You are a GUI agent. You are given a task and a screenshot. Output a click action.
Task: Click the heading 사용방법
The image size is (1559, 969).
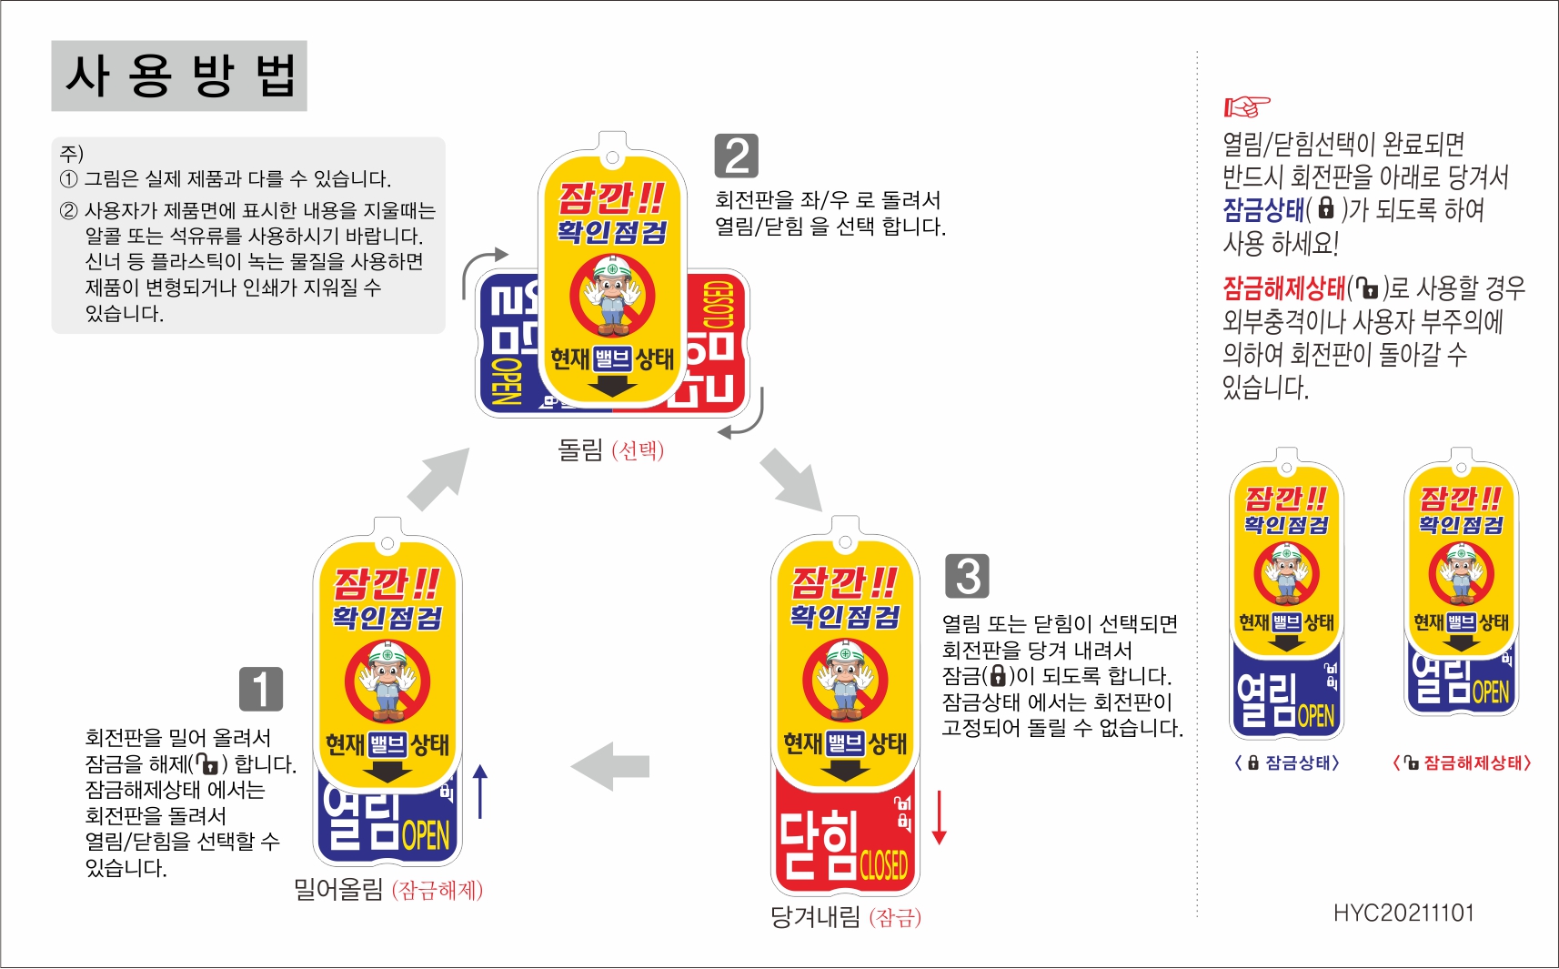click(x=179, y=76)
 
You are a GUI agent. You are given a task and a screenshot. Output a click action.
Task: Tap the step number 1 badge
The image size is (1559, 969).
click(x=260, y=689)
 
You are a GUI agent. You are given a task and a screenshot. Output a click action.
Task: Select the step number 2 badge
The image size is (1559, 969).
click(x=736, y=156)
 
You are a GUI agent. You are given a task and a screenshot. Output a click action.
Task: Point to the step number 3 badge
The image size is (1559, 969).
click(x=967, y=576)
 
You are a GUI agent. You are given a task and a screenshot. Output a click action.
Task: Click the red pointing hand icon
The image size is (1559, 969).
click(x=1246, y=106)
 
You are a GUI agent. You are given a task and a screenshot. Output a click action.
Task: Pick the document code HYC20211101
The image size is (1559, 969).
click(x=1403, y=913)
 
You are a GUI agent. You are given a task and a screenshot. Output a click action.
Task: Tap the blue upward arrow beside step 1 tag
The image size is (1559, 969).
click(x=480, y=791)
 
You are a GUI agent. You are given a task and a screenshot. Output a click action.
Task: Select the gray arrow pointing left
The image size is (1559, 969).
click(x=610, y=766)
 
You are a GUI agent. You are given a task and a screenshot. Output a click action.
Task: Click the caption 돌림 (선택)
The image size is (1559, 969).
click(x=610, y=449)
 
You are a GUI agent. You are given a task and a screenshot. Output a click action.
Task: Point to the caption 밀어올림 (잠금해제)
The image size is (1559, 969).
click(x=387, y=889)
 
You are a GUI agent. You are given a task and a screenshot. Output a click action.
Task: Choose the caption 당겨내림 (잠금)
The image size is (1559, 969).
click(x=845, y=917)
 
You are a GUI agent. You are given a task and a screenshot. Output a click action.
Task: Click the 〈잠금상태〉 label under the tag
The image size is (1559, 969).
click(x=1286, y=762)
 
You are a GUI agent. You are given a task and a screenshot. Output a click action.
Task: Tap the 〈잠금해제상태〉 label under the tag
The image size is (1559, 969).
click(x=1462, y=762)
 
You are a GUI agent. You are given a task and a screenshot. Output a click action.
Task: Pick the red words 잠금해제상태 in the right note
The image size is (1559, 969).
click(x=1283, y=288)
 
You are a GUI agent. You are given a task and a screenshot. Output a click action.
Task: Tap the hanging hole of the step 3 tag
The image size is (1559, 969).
click(x=845, y=542)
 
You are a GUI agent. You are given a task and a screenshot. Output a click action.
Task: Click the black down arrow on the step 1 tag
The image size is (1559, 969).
click(x=387, y=772)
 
